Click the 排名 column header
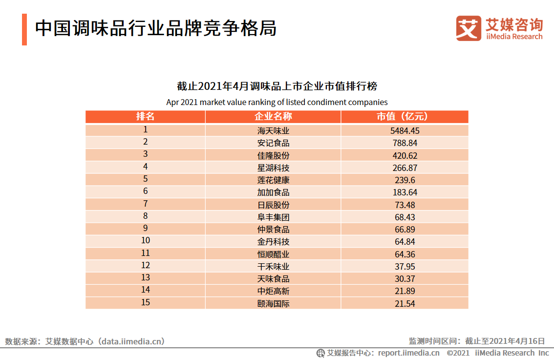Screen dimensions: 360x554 [x=145, y=117]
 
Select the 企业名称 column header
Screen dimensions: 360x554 [x=273, y=117]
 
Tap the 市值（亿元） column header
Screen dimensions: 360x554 [x=405, y=117]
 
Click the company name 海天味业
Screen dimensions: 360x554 [x=273, y=130]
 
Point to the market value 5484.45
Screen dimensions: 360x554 [x=405, y=130]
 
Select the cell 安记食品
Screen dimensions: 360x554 [x=273, y=143]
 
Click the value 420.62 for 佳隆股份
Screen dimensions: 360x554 [x=405, y=155]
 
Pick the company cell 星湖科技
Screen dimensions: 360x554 [x=273, y=168]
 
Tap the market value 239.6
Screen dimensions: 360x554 [x=405, y=180]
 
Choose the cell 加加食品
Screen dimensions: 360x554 [x=273, y=192]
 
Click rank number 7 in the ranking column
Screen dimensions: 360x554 [x=145, y=204]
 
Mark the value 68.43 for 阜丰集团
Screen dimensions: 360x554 [x=405, y=217]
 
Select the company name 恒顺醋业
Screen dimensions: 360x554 [x=273, y=254]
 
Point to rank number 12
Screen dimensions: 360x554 [x=145, y=265]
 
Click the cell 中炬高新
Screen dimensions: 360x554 [x=273, y=291]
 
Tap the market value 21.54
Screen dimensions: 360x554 [x=405, y=303]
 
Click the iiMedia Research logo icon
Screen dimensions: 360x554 [x=469, y=28]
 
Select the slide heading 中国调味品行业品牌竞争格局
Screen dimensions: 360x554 [x=156, y=29]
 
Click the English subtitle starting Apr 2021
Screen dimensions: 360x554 [x=277, y=102]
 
